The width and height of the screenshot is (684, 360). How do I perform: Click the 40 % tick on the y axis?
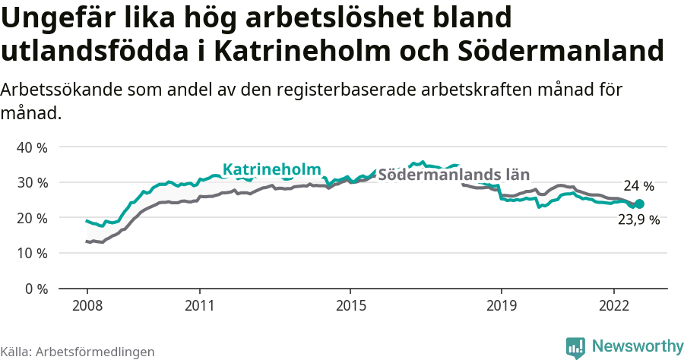pos(32,147)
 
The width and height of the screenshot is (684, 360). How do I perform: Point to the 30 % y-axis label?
pos(32,182)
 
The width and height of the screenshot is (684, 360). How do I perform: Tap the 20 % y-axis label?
pos(32,218)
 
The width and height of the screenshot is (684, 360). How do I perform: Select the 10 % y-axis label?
pos(32,253)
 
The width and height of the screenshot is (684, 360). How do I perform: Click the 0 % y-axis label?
pos(35,289)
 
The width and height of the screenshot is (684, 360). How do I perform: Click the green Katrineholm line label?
pos(271,169)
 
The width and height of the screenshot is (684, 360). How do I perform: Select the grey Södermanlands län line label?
pos(454,173)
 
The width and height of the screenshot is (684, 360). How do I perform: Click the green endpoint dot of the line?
pos(639,204)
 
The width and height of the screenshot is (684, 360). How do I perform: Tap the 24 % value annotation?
pos(638,186)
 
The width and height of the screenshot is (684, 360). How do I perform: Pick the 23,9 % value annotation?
pos(638,221)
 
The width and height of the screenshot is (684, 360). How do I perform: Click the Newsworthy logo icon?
pos(575,346)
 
